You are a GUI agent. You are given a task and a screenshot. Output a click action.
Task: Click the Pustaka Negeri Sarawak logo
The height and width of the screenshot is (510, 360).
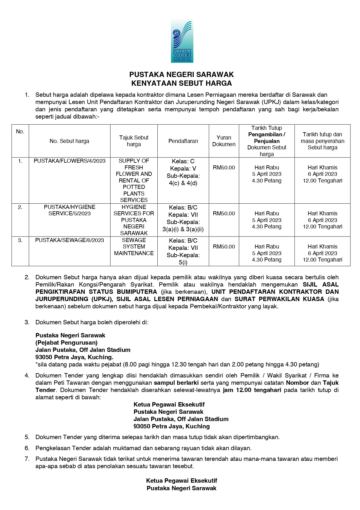coord(182,41)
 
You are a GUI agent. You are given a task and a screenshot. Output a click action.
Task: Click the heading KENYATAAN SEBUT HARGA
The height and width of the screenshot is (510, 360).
coord(181,83)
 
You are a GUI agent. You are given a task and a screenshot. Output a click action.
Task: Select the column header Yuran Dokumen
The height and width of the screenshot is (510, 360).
coord(224,141)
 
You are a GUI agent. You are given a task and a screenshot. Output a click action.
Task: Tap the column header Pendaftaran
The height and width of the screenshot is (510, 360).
coord(183,141)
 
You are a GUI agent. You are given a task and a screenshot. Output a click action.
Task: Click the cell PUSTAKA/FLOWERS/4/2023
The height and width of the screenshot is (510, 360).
coord(70,161)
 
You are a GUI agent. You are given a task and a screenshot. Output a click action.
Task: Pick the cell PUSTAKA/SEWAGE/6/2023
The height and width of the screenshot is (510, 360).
coord(70,240)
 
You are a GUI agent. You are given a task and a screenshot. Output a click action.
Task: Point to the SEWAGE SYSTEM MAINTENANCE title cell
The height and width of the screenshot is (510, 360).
coord(134,247)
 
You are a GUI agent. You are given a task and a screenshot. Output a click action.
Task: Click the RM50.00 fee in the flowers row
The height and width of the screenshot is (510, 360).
coord(224,168)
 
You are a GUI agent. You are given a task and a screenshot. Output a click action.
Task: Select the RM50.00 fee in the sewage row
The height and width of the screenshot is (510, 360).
coord(224,247)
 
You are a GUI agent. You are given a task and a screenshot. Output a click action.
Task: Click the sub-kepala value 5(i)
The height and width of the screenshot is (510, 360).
coord(183,262)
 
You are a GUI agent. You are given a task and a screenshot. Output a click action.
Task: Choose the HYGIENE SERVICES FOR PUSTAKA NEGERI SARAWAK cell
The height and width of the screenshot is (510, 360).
coord(134,220)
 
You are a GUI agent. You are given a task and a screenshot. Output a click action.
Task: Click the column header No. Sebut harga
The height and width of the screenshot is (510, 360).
coord(69,141)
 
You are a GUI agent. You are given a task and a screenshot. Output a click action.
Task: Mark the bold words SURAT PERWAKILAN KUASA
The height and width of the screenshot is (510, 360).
coord(279,299)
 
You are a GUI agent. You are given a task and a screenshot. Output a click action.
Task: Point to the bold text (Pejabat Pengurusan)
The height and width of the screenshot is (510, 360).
coord(66,343)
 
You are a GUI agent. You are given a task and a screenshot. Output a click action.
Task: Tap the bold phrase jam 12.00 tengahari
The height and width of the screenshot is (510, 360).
coord(252,390)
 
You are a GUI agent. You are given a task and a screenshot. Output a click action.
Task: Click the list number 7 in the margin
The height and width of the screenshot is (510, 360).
coord(27,459)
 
